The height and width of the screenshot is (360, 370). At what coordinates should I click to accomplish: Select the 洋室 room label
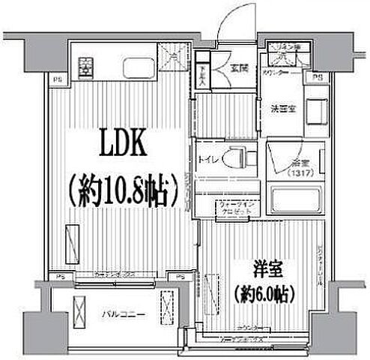point(267,268)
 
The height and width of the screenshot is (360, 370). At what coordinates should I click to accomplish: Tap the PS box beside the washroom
point(318,77)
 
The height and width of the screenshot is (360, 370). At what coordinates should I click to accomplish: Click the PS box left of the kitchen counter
point(57,77)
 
